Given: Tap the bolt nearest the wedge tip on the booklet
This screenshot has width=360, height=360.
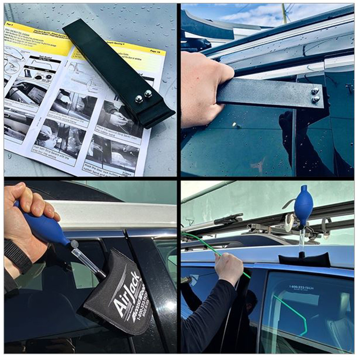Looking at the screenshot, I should tap(148, 94).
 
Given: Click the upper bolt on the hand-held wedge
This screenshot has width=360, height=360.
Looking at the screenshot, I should tap(315, 91).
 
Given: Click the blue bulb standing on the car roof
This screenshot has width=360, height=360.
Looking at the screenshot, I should tap(303, 205).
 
